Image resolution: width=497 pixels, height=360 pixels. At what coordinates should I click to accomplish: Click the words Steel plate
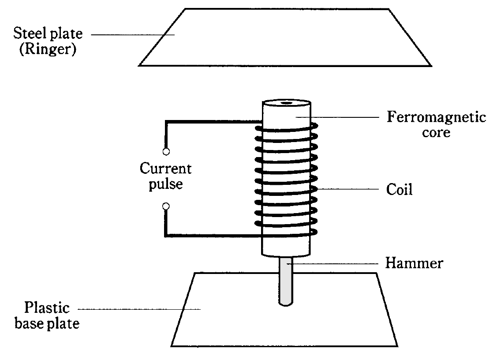click(x=47, y=34)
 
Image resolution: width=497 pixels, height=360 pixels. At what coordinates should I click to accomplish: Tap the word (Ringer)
click(x=47, y=49)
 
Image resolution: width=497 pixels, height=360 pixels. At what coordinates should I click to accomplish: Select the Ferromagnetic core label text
click(x=436, y=124)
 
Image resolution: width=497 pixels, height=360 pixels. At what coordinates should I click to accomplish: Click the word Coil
click(x=399, y=190)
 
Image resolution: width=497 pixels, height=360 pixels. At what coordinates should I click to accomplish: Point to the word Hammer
click(x=414, y=264)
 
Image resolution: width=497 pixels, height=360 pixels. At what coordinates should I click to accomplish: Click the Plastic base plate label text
click(x=47, y=315)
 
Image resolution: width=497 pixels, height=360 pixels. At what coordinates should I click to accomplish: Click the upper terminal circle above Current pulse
click(x=166, y=152)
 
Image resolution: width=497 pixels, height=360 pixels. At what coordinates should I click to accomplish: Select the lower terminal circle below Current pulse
click(x=166, y=206)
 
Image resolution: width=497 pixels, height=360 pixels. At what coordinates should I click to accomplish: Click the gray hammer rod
click(x=286, y=282)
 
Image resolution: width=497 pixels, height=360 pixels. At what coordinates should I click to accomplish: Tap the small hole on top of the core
click(x=286, y=104)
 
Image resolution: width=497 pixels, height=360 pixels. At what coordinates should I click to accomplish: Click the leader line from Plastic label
click(x=139, y=309)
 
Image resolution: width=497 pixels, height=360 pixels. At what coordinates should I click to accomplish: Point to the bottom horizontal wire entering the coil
click(x=212, y=236)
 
